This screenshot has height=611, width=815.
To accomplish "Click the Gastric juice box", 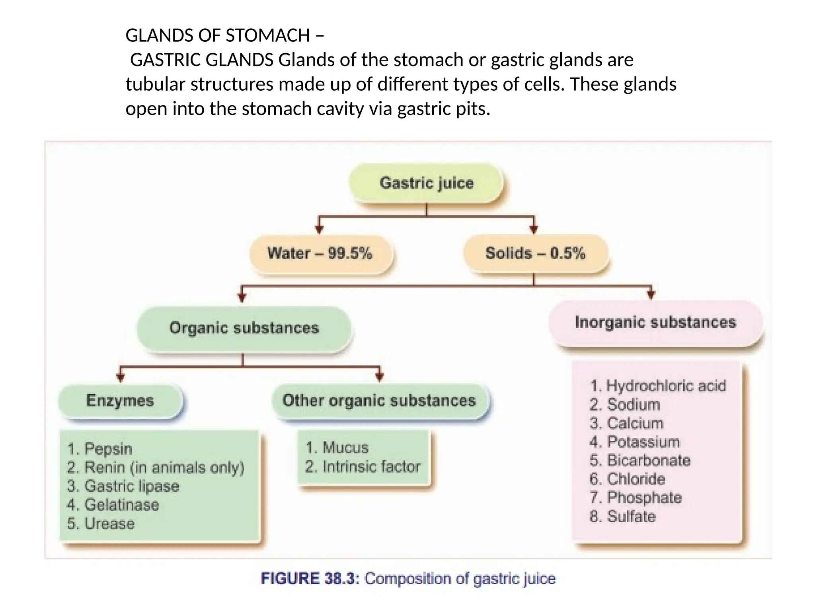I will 426,183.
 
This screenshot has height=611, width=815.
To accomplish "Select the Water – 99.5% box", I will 320,253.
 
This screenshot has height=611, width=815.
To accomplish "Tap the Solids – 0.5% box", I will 535,253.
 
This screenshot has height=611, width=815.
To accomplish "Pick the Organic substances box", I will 244,328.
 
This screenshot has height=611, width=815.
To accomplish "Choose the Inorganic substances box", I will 655,323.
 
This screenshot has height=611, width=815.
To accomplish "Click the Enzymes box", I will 120,401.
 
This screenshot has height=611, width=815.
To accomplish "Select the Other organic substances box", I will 379,401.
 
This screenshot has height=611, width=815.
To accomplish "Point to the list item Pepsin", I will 100,449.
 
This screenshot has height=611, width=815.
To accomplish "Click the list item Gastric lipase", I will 123,486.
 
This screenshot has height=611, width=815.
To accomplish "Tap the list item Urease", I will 101,523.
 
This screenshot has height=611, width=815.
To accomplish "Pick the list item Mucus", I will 337,448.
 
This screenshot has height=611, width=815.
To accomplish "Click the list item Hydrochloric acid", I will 658,386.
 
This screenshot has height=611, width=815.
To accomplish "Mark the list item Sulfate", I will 623,516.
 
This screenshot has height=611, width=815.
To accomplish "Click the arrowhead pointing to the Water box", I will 319,230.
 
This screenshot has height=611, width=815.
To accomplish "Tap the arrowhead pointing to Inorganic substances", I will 651,295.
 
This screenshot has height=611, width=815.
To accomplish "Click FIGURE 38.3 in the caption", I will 310,578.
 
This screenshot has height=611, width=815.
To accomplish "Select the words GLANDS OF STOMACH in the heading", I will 217,35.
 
